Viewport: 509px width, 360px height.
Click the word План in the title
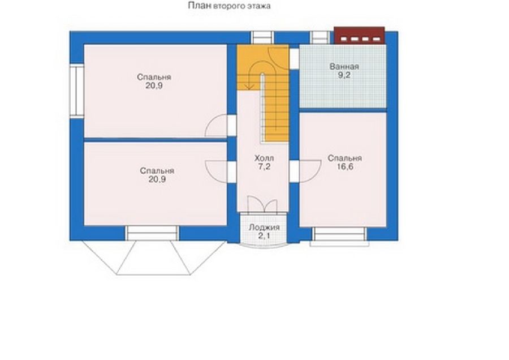click(x=200, y=6)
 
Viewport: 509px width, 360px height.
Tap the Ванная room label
click(x=344, y=67)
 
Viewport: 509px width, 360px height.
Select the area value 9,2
click(x=344, y=75)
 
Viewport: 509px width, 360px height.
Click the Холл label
click(x=264, y=158)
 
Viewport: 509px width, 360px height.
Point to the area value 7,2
click(x=264, y=167)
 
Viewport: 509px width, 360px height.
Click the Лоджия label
click(x=264, y=228)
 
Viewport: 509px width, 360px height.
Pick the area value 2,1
click(x=264, y=236)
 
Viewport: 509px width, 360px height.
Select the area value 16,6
click(x=345, y=167)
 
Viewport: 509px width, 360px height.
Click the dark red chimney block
click(x=359, y=35)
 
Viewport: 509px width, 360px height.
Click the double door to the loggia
click(x=262, y=205)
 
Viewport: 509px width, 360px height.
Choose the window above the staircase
click(x=262, y=37)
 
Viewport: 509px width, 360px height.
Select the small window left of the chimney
click(x=320, y=37)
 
